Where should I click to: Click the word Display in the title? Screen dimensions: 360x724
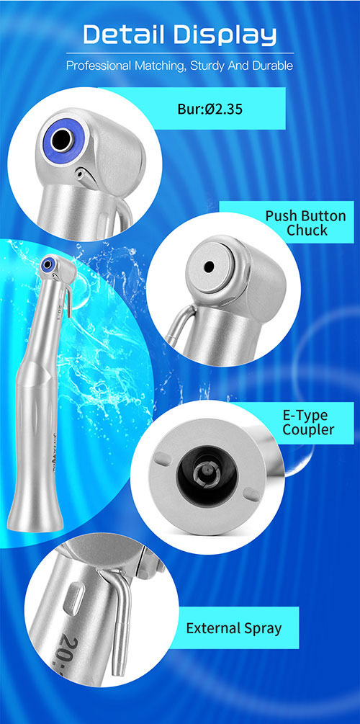[226, 35]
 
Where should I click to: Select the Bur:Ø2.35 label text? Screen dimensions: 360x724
[210, 110]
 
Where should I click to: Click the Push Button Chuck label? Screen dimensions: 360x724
[305, 223]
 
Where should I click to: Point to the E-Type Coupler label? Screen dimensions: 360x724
[308, 422]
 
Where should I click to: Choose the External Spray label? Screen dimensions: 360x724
[233, 628]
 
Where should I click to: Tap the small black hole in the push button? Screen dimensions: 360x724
[209, 267]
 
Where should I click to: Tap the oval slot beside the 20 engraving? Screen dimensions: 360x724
[75, 597]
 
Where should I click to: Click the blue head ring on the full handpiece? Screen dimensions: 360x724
[47, 264]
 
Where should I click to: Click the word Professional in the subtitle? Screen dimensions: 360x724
[99, 66]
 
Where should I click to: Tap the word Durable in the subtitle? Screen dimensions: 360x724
[275, 66]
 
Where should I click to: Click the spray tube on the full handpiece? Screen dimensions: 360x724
[68, 301]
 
